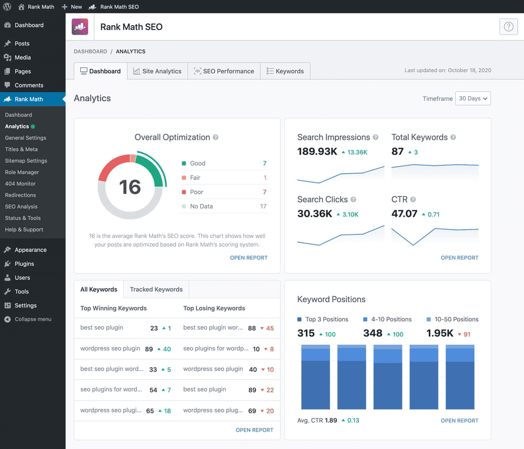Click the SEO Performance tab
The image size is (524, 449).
(224, 71)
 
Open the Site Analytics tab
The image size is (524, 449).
(157, 71)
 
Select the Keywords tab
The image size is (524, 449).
(285, 71)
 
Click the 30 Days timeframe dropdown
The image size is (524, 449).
(473, 98)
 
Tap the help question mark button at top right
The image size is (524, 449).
(508, 27)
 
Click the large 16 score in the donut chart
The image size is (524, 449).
(130, 187)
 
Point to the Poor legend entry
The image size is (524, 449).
(197, 192)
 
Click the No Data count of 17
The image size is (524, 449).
(264, 206)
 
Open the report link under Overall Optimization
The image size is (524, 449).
(248, 258)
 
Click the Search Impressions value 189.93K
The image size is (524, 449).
(317, 152)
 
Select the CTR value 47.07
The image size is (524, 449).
(404, 214)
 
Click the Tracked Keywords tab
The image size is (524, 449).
(156, 289)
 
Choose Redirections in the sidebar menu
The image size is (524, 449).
(20, 195)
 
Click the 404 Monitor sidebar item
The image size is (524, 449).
(20, 183)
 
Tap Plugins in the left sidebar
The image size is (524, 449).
(24, 264)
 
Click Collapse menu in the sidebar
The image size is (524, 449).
(32, 319)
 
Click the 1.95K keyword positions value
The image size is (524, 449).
(439, 334)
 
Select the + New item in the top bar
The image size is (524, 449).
(72, 7)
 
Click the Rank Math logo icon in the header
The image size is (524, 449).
(80, 27)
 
